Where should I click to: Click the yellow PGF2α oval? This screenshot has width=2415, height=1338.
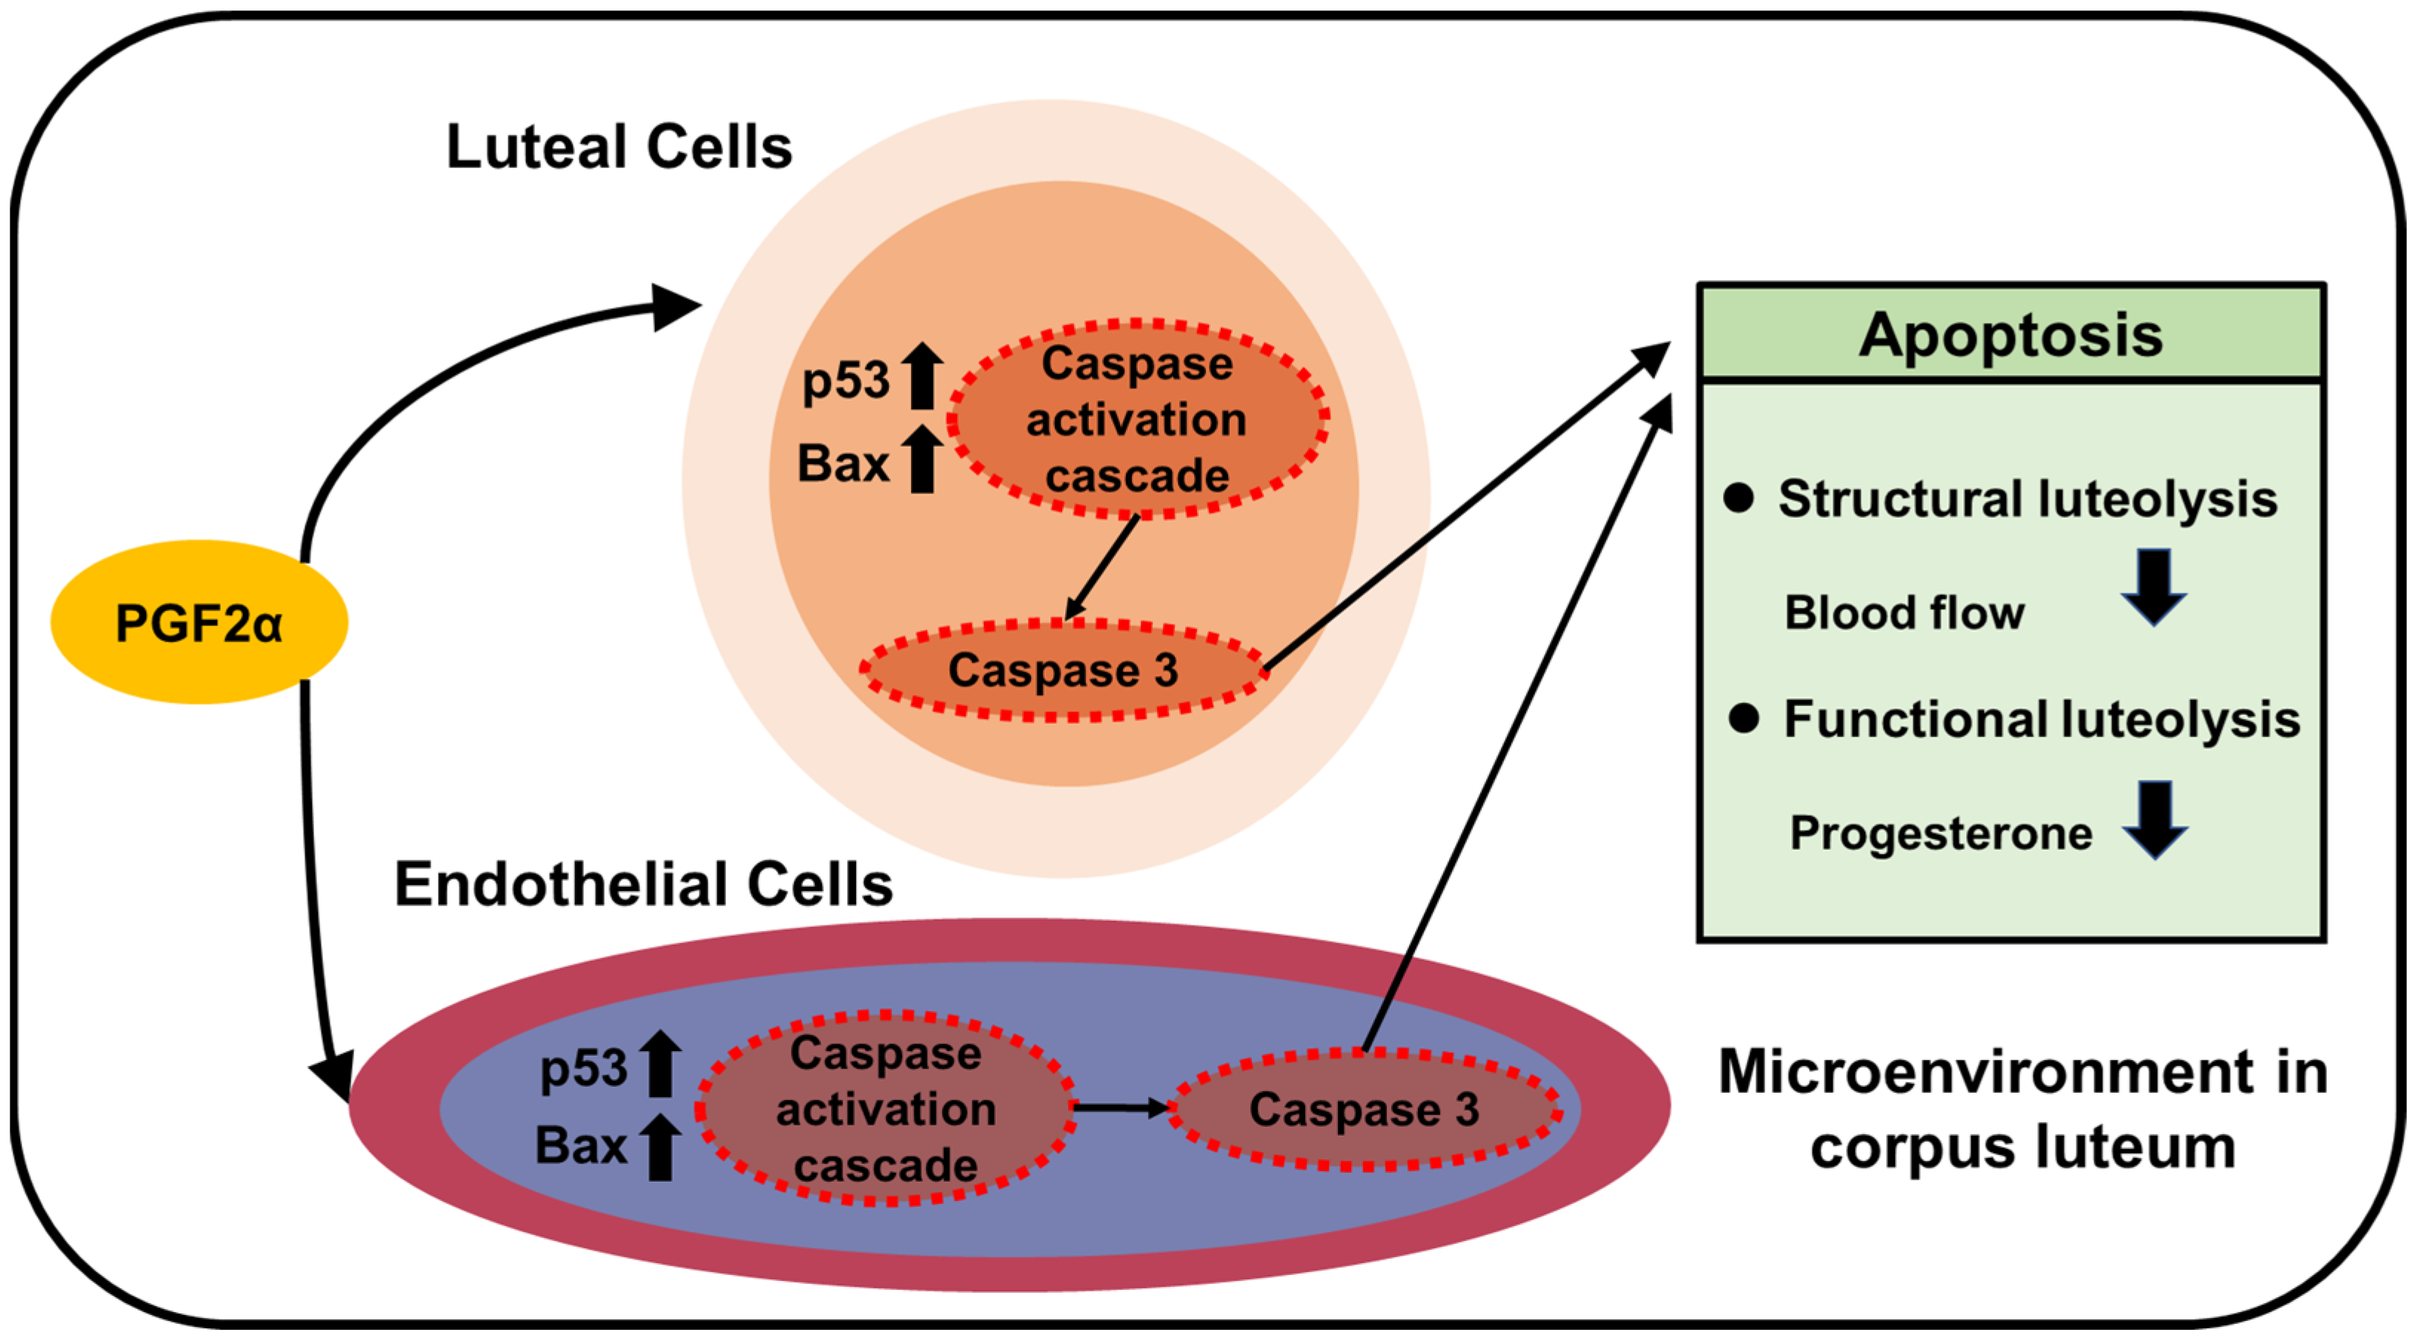[199, 622]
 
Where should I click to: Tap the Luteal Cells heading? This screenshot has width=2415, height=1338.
[619, 148]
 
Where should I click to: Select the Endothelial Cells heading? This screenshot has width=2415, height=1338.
[643, 884]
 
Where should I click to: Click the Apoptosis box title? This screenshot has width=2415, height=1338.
[2011, 335]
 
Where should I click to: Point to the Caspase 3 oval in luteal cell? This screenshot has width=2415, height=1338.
[1062, 670]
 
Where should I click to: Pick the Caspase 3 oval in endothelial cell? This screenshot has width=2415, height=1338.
[1363, 1110]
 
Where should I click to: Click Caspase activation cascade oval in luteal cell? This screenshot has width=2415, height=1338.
[1137, 419]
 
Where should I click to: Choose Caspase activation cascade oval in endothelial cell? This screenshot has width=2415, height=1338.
[885, 1109]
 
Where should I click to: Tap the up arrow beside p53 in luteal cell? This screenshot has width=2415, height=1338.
[922, 376]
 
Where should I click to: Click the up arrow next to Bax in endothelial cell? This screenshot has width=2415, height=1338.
[660, 1147]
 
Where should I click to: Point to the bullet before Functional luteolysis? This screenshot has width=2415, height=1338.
[1743, 719]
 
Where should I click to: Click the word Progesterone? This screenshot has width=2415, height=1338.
[1941, 833]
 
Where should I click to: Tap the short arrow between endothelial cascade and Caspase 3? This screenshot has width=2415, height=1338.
[1120, 1108]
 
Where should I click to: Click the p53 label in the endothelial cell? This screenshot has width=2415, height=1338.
[583, 1068]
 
